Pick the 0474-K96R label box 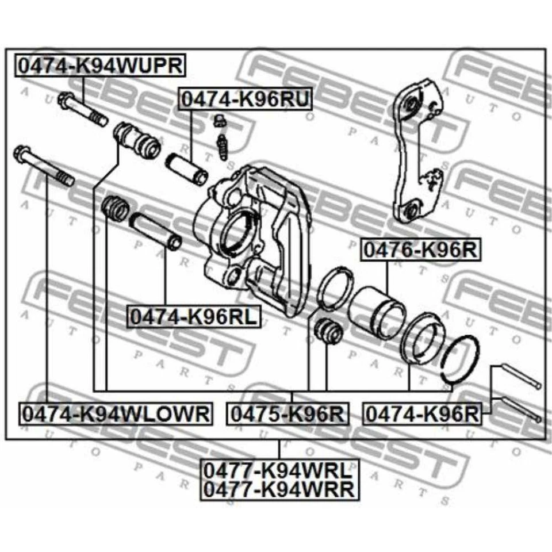coord(422,413)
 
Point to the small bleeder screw coord(221,138)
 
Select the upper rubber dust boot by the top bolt coord(137,140)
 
